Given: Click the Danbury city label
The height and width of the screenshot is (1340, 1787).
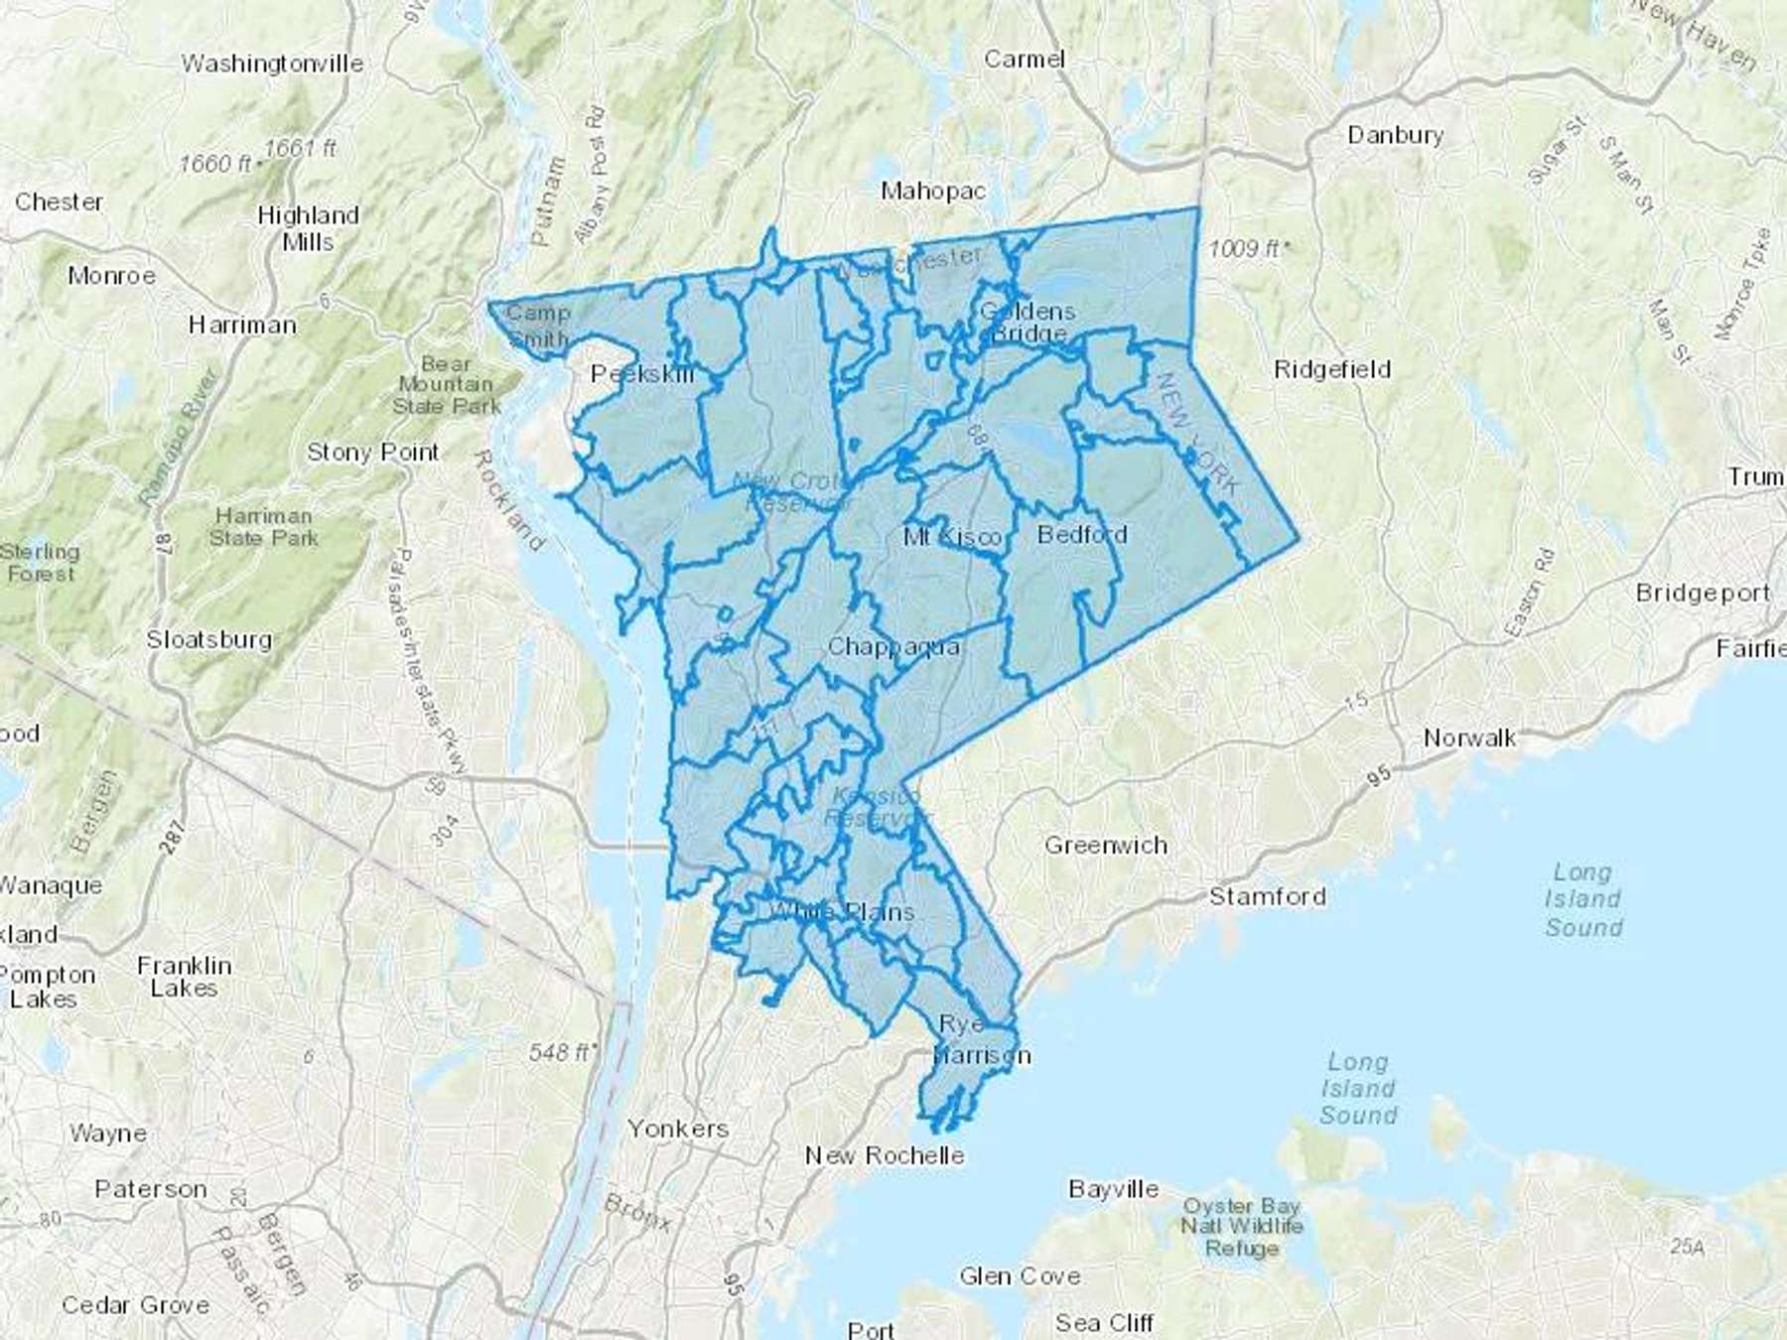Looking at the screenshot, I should [x=1395, y=135].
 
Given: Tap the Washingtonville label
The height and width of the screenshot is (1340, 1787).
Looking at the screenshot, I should [x=272, y=64].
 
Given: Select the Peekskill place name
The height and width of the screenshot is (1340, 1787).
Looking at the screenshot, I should [x=642, y=374].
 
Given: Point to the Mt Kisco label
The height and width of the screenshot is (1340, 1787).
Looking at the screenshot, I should [x=951, y=537].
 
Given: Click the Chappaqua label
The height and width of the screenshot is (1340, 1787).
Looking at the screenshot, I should [x=893, y=647].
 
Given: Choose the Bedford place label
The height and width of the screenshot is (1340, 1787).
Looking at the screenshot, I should [x=1082, y=535].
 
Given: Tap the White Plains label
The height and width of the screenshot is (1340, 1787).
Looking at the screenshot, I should [x=842, y=911].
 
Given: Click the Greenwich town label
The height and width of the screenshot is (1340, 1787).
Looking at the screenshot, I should [x=1105, y=846].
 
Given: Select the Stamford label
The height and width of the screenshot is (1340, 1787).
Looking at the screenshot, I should [x=1267, y=897].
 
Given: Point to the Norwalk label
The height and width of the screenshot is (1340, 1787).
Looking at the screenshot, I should [x=1469, y=737].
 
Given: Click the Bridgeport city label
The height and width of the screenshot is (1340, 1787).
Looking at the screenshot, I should [x=1703, y=594].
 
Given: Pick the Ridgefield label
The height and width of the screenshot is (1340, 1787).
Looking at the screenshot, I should [x=1332, y=370].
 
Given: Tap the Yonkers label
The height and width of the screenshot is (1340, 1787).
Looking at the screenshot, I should [x=678, y=1129].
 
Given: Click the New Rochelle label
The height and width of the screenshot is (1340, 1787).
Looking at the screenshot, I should [x=885, y=1155].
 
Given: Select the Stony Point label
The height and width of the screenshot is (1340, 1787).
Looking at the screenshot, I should [x=372, y=453].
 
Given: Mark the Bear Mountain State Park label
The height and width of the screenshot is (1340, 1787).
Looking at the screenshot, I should [x=446, y=385].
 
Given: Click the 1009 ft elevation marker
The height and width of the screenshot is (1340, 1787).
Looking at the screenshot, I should [x=1249, y=248].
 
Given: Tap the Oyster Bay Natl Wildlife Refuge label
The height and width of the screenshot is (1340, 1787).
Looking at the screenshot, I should [x=1241, y=1227].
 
